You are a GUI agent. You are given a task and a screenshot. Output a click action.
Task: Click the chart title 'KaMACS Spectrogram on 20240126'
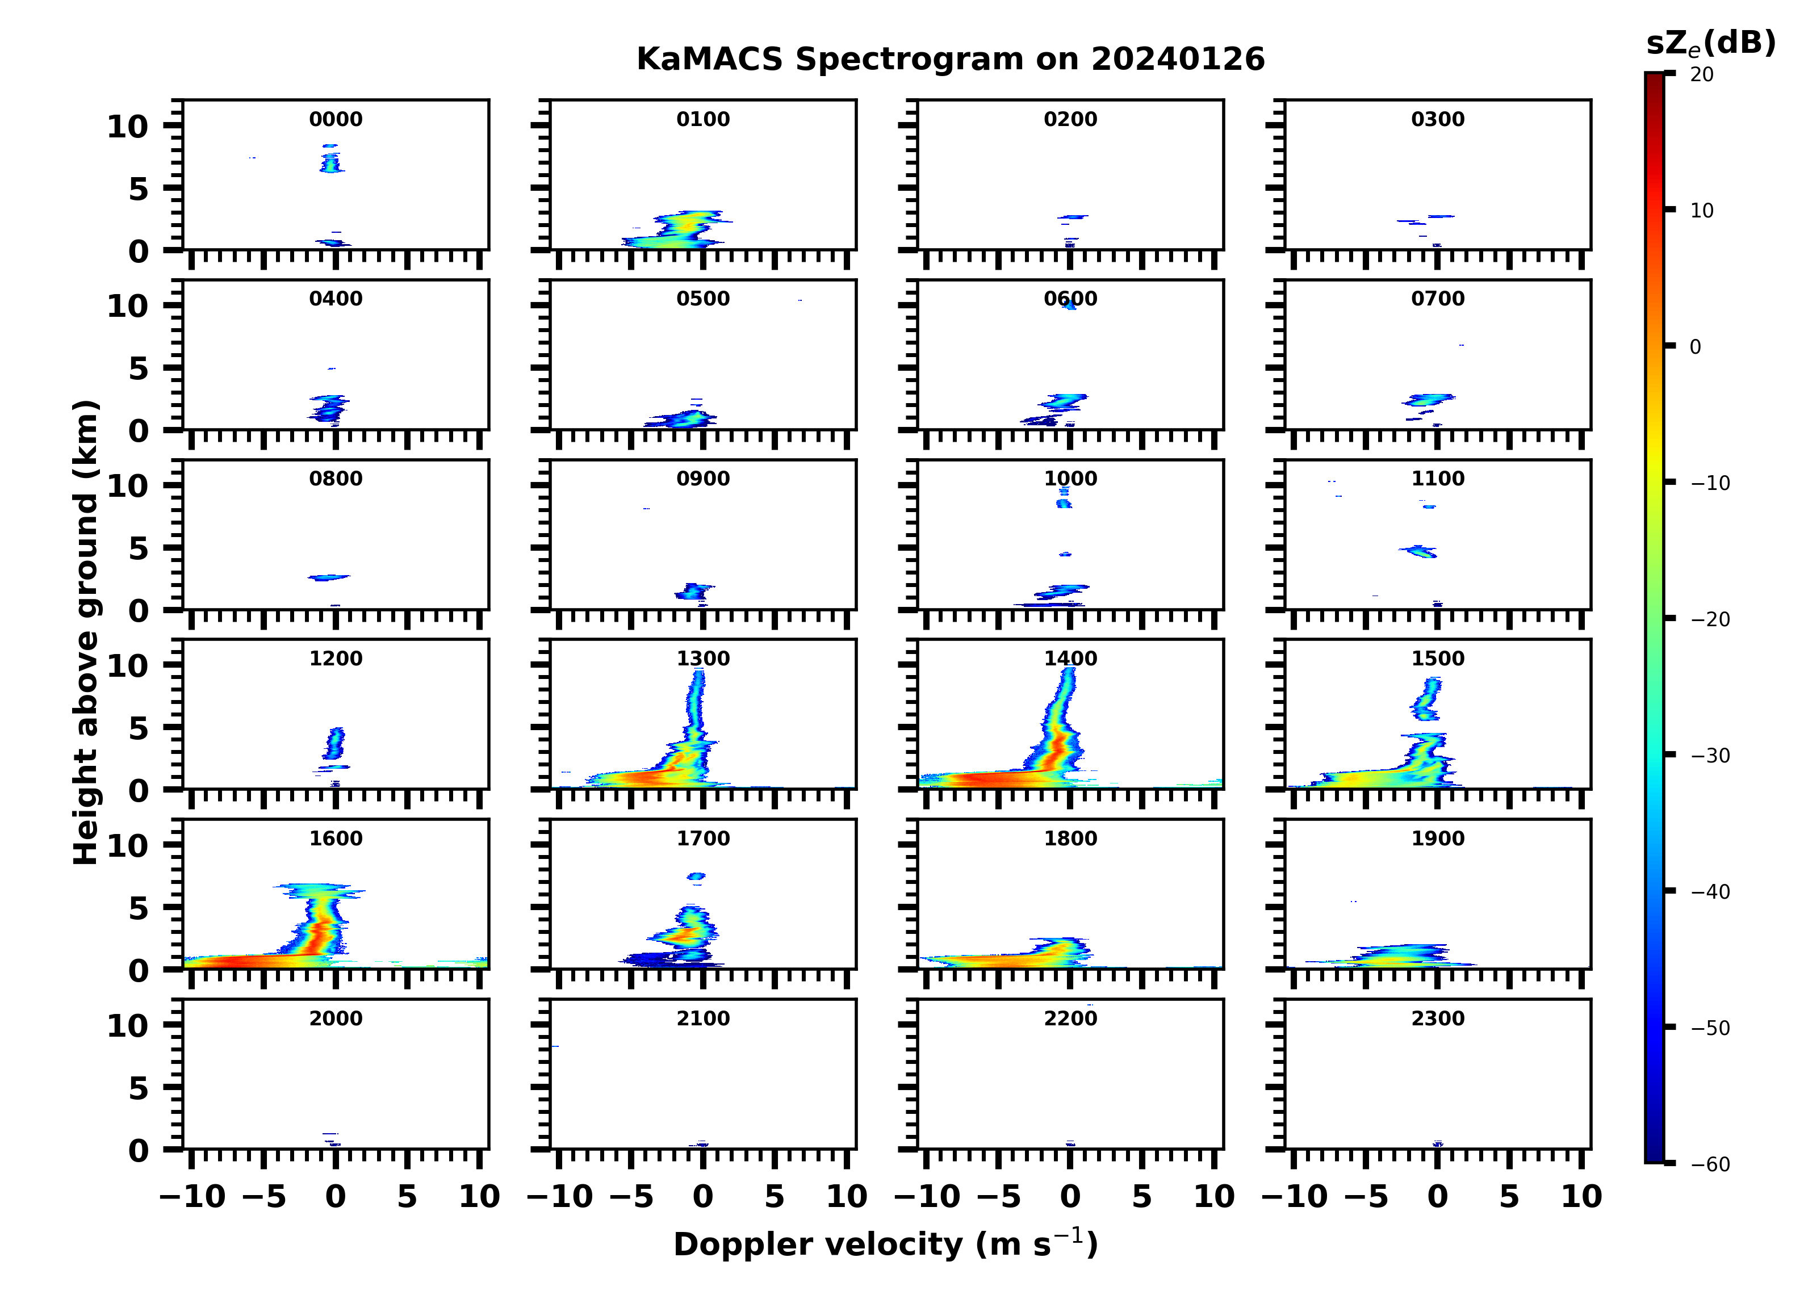950,60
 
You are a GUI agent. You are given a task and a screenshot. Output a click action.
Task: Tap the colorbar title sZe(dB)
1710,43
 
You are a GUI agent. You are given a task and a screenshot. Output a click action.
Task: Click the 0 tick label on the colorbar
1695,347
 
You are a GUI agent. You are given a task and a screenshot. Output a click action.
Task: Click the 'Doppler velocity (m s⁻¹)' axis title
885,1244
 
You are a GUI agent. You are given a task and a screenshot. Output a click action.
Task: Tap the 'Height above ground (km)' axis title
86,632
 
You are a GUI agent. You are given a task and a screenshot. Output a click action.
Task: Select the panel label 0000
336,119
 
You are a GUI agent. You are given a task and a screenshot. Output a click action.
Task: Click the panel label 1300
703,659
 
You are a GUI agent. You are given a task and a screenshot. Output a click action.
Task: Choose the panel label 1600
336,839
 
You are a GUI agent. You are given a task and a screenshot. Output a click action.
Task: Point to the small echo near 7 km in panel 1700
696,877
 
